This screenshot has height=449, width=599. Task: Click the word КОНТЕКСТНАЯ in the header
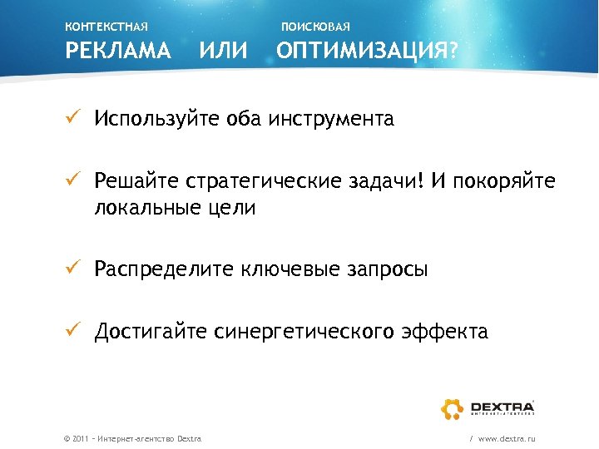tap(106, 27)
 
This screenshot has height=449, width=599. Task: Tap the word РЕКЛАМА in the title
tap(118, 52)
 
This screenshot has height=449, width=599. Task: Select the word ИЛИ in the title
tap(224, 52)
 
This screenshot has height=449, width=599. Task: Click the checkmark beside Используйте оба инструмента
tap(72, 118)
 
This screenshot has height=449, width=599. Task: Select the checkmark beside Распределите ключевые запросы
tap(72, 269)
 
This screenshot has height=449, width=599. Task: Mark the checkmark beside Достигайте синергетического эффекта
tap(72, 332)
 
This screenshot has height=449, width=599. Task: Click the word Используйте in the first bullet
tap(156, 119)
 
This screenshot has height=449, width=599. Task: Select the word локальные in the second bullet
tap(141, 209)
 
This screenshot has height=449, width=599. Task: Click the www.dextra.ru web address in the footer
tap(507, 437)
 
